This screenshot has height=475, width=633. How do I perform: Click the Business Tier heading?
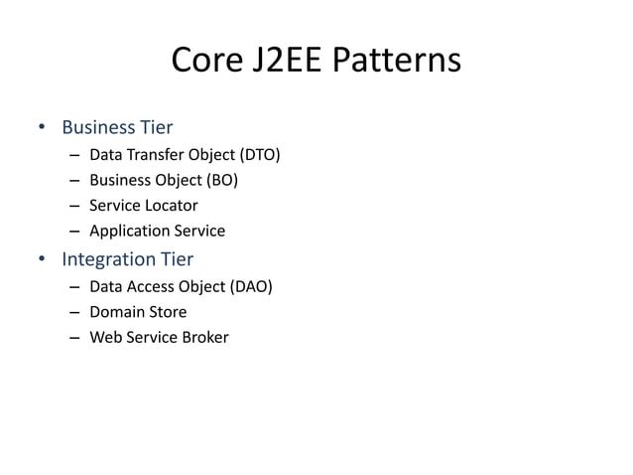(117, 127)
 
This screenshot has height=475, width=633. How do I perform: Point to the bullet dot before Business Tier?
(42, 128)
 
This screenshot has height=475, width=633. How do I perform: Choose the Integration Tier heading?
(127, 260)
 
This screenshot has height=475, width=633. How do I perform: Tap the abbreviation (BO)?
(221, 180)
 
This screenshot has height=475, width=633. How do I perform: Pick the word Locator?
(172, 206)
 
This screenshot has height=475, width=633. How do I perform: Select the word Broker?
(204, 338)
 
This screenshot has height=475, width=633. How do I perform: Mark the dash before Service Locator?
(75, 207)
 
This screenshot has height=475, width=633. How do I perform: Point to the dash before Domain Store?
(75, 313)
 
